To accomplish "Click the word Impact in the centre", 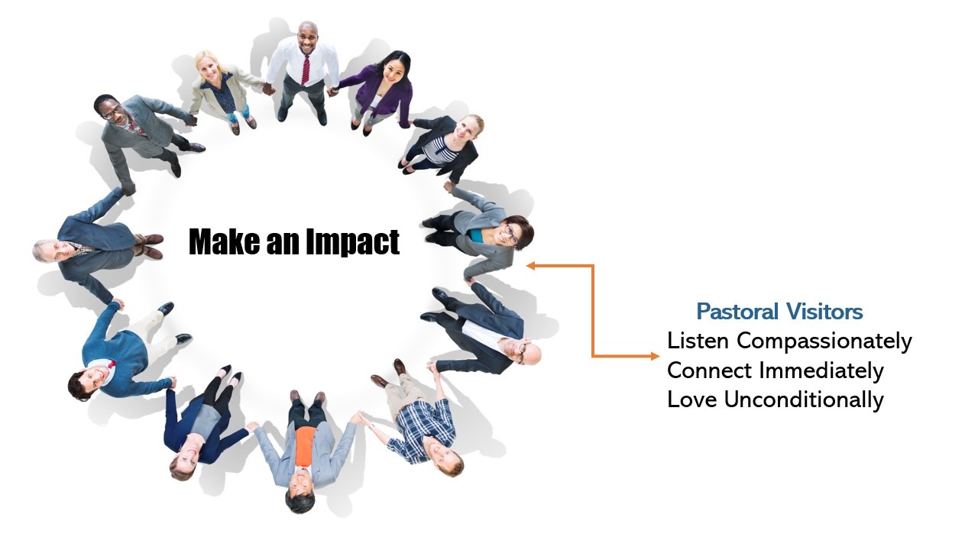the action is [352, 242].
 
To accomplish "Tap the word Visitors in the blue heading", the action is [824, 312].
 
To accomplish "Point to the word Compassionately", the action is [824, 341].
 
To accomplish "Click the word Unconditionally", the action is [804, 400].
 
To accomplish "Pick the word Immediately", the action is [821, 371].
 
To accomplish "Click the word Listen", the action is [698, 341].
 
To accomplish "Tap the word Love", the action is [692, 400].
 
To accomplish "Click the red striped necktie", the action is [305, 70].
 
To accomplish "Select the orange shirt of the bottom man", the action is [305, 446].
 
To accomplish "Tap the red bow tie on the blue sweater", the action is [112, 364].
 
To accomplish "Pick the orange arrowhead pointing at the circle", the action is [530, 265].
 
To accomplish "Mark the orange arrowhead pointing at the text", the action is [655, 356].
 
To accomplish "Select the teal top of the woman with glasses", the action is [478, 236].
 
